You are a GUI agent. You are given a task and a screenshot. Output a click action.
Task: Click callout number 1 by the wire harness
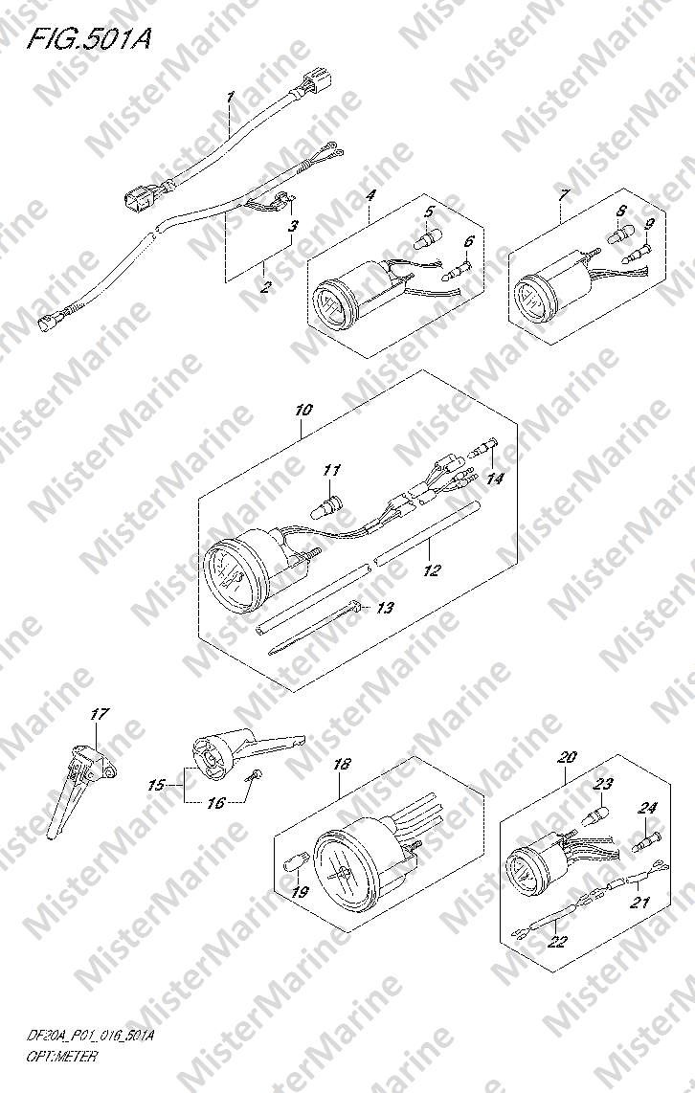[x=230, y=97]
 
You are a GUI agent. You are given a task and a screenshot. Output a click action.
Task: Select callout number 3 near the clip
[x=294, y=226]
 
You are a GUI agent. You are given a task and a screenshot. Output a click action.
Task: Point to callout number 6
[x=469, y=241]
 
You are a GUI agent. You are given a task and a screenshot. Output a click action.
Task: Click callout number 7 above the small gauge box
[x=563, y=193]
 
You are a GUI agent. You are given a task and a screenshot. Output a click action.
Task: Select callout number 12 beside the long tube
[x=433, y=570]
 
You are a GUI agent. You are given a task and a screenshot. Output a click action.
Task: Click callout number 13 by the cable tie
[x=385, y=608]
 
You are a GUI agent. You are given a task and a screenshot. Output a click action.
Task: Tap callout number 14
[x=495, y=479]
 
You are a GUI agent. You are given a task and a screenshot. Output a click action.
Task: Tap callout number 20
[x=568, y=756]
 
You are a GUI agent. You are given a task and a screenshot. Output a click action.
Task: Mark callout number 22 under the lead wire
[x=558, y=943]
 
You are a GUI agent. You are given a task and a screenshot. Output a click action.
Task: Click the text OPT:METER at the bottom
[x=62, y=1056]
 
